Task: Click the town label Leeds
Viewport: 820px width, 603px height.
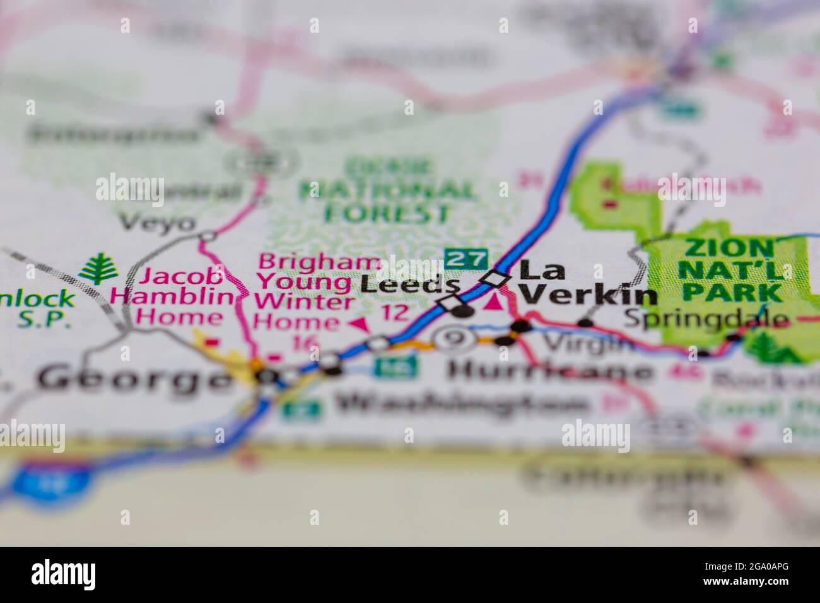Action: [x=401, y=284]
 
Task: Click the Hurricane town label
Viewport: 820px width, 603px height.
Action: [x=548, y=371]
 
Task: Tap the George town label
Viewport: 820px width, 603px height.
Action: [x=132, y=378]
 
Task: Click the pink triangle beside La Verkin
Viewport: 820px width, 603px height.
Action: [x=495, y=302]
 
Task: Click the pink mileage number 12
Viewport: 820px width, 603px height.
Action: [x=395, y=312]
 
